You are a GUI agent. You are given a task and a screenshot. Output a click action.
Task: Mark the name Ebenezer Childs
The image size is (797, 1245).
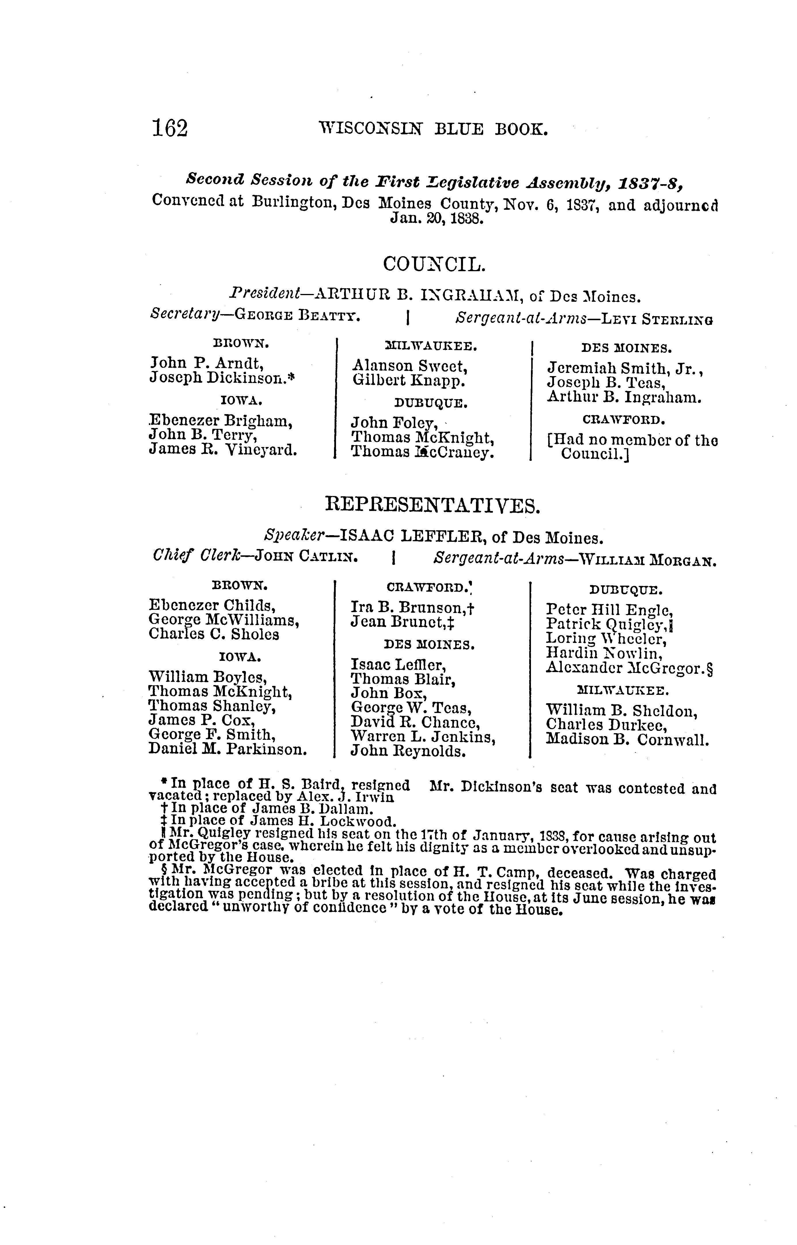[x=212, y=604]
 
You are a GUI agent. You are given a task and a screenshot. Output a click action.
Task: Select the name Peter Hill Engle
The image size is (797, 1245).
[x=609, y=610]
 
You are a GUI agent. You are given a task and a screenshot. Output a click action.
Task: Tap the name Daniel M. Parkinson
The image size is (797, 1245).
[x=228, y=749]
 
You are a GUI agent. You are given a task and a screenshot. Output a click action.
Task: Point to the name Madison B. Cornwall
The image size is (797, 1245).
[x=627, y=740]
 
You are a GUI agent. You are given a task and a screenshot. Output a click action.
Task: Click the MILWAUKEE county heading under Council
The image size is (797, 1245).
[x=432, y=346]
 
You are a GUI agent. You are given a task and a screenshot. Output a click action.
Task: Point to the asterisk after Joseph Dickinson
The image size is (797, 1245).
[x=291, y=378]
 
